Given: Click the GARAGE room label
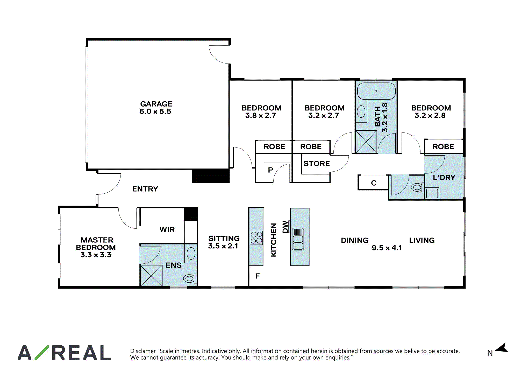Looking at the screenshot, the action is [x=156, y=104].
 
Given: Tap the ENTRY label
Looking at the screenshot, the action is [x=145, y=189].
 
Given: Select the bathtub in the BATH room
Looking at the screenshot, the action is [x=376, y=91].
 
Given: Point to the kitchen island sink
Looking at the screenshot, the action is [x=298, y=239].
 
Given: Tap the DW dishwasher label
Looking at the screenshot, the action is [x=285, y=227].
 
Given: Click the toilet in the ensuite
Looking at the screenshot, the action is [x=190, y=278].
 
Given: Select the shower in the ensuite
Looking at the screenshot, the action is [x=151, y=276].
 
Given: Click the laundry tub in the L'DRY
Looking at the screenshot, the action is [x=432, y=193].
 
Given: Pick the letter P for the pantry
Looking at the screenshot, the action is [x=270, y=170].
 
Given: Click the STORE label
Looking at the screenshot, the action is [x=317, y=164].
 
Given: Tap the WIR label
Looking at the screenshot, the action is [x=167, y=229].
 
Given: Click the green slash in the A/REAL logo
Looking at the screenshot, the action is [x=42, y=353].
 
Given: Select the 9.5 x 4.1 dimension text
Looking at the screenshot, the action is [x=387, y=248].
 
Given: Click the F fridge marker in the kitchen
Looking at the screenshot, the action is [x=258, y=276].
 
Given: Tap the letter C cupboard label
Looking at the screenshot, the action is [x=374, y=183].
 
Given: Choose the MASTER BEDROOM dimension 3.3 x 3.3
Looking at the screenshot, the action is [x=96, y=255].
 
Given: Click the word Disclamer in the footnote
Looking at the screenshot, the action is [x=143, y=351].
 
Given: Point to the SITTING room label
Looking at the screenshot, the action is [x=224, y=239].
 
